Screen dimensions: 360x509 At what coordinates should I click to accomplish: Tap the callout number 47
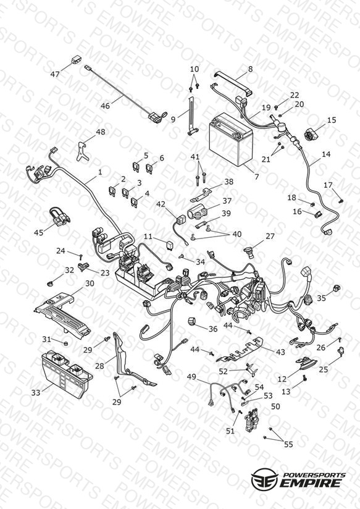point(55,74)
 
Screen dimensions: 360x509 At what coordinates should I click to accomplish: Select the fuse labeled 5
point(136,167)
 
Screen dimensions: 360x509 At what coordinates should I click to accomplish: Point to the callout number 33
point(36,393)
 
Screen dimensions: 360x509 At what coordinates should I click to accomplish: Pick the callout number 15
point(332,120)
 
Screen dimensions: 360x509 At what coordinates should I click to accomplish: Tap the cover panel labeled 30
point(62,314)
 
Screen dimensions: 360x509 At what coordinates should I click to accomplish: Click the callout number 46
point(105,106)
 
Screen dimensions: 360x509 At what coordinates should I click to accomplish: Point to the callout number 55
point(288,444)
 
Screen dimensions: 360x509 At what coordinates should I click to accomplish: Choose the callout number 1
point(100,172)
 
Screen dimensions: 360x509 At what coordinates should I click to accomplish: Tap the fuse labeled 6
point(149,169)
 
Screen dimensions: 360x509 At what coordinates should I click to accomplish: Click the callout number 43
point(280,352)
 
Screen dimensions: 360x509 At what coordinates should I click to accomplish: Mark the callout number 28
point(99,366)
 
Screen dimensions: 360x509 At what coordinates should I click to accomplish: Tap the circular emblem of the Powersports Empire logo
point(264,478)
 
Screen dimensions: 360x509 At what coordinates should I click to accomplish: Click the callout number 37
point(227,201)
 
